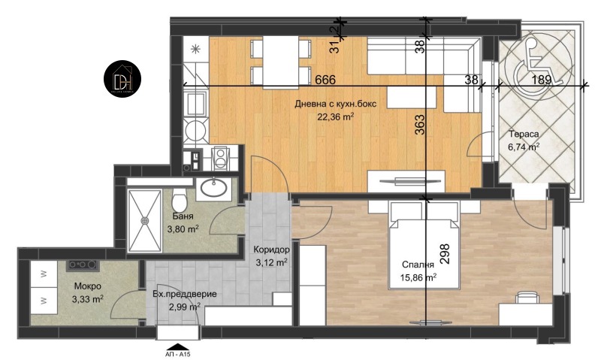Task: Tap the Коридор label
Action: [x=268, y=250]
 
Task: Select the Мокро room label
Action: [x=88, y=286]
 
